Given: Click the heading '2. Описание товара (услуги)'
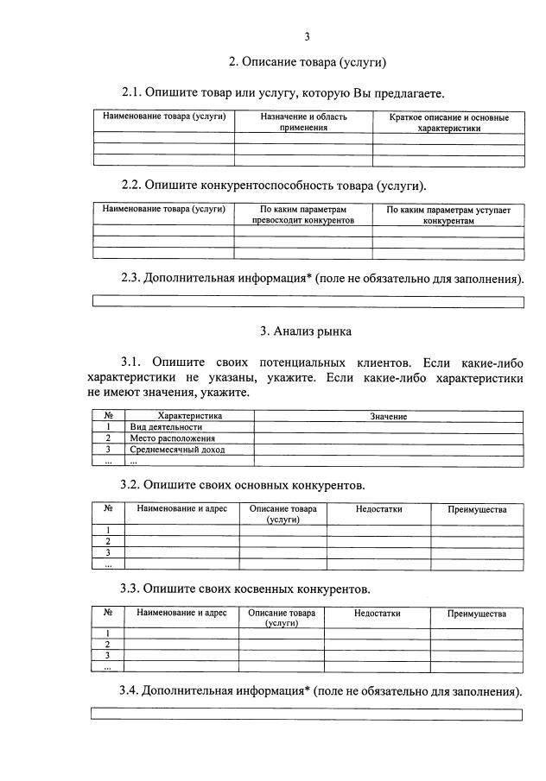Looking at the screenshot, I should [306, 62].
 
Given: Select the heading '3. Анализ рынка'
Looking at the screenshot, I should [306, 331].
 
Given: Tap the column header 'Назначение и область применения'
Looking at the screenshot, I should [303, 122].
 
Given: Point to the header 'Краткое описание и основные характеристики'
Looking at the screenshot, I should [448, 122].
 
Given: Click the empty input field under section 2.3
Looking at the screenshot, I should [308, 302].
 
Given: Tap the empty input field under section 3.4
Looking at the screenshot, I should [308, 715].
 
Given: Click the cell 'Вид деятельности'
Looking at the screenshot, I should [167, 427].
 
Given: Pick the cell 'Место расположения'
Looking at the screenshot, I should [173, 438].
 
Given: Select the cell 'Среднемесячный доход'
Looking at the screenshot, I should [178, 450].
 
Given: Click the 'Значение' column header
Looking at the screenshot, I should [389, 416].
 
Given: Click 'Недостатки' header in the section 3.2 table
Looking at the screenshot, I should [378, 509].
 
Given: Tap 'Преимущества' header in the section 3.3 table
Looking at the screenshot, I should [476, 614].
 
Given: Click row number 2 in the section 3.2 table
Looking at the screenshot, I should [108, 541].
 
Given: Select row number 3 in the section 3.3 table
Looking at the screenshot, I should [107, 656].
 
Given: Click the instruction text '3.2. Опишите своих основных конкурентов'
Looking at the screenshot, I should [243, 485].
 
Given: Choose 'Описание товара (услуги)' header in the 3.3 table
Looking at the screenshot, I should [282, 618].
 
